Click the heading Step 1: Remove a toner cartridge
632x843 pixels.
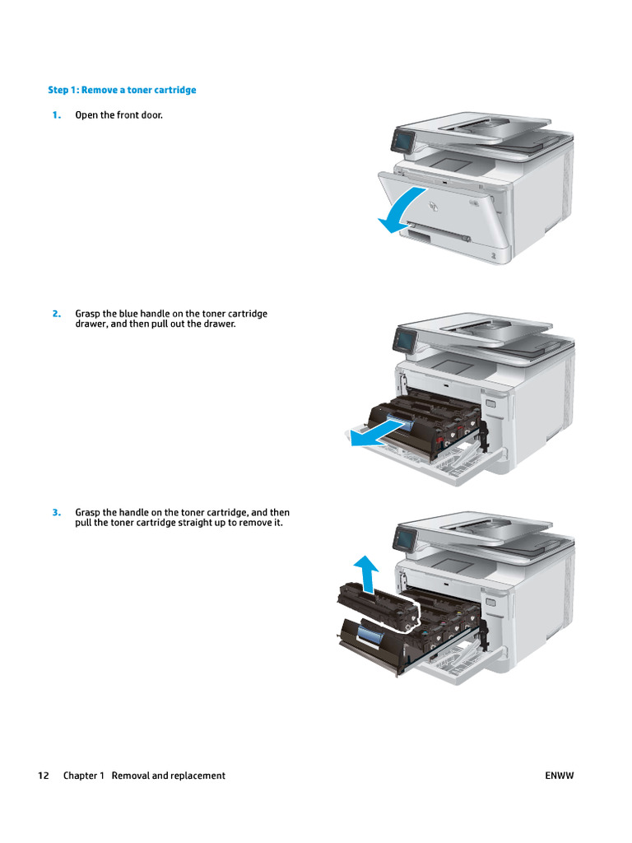(x=122, y=90)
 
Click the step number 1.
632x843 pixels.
(x=56, y=115)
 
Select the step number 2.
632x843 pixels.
(x=56, y=314)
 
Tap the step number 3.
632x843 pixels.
(x=56, y=512)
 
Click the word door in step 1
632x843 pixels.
(x=151, y=115)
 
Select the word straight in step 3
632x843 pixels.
(x=183, y=523)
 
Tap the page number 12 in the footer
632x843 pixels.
(x=44, y=775)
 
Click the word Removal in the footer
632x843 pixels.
(x=130, y=775)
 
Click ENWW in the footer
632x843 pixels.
(x=560, y=775)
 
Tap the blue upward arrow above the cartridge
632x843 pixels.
(x=365, y=573)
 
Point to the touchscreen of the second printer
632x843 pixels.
(x=405, y=338)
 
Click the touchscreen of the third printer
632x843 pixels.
(x=405, y=538)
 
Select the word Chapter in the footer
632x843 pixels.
(x=81, y=775)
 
